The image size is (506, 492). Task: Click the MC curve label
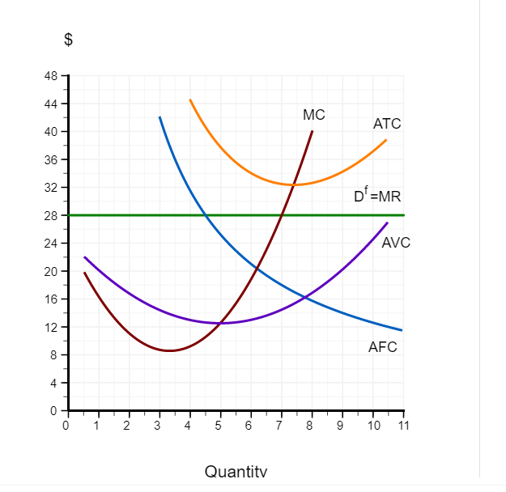pos(314,115)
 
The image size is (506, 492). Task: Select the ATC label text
pos(387,124)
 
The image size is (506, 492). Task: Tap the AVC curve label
pos(396,243)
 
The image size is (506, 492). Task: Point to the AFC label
pos(383,347)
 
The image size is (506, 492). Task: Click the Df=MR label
pos(377,197)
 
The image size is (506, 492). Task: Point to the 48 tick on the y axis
pos(50,76)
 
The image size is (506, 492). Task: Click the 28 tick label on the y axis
pos(50,215)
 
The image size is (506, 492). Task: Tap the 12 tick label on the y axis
pos(50,327)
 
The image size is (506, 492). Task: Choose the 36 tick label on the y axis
pos(50,159)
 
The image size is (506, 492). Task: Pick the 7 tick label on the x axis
pos(280,426)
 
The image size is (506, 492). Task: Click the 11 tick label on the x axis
pos(403,426)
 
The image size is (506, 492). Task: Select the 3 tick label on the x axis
pos(158,426)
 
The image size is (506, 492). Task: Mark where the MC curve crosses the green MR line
pos(281,215)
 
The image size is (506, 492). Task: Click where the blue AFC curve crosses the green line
pos(206,215)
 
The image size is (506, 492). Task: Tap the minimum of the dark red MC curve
pos(170,350)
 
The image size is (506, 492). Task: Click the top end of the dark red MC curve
pos(313,130)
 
